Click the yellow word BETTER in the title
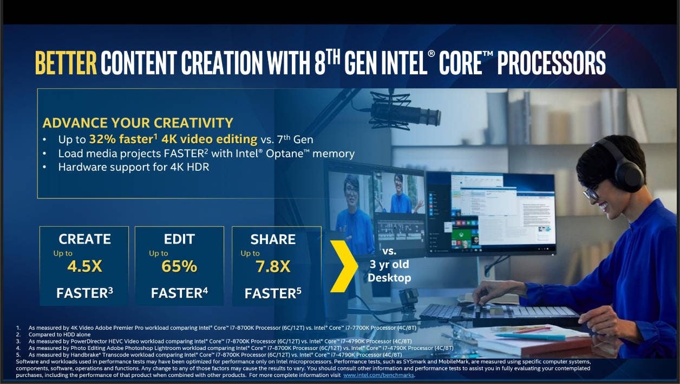pyautogui.click(x=66, y=62)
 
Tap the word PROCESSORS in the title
pyautogui.click(x=551, y=62)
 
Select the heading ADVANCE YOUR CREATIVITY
pyautogui.click(x=138, y=123)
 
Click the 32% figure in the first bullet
pyautogui.click(x=102, y=139)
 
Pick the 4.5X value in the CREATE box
pyautogui.click(x=84, y=266)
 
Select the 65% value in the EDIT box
pyautogui.click(x=179, y=266)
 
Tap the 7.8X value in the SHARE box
pyautogui.click(x=273, y=267)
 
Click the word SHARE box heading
pyautogui.click(x=273, y=239)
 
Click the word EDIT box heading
pyautogui.click(x=179, y=239)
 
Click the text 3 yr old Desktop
pyautogui.click(x=389, y=271)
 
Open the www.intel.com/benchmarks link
pyautogui.click(x=378, y=375)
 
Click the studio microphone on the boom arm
pyautogui.click(x=406, y=113)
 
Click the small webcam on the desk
pyautogui.click(x=408, y=299)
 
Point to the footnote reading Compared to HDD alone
pyautogui.click(x=60, y=335)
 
